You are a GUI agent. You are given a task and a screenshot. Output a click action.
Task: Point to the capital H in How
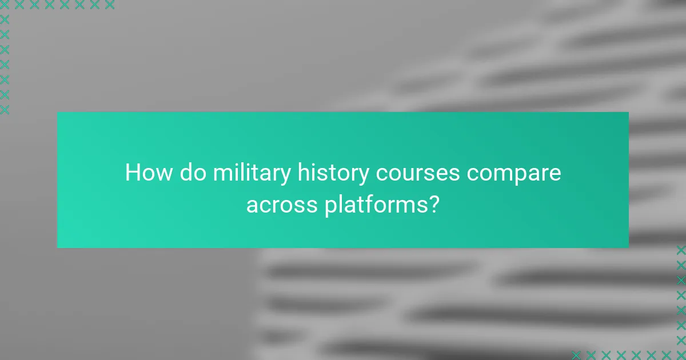click(132, 173)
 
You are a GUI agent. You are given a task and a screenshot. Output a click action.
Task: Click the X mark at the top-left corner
click(5, 5)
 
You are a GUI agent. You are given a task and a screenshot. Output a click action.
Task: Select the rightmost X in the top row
click(109, 5)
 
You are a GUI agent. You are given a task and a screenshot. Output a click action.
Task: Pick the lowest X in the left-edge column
click(5, 109)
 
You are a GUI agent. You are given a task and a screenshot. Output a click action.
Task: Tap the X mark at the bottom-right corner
click(681, 355)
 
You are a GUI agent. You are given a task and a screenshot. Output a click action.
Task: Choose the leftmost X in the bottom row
click(576, 355)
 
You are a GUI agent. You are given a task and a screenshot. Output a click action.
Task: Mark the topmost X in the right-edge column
click(681, 250)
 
